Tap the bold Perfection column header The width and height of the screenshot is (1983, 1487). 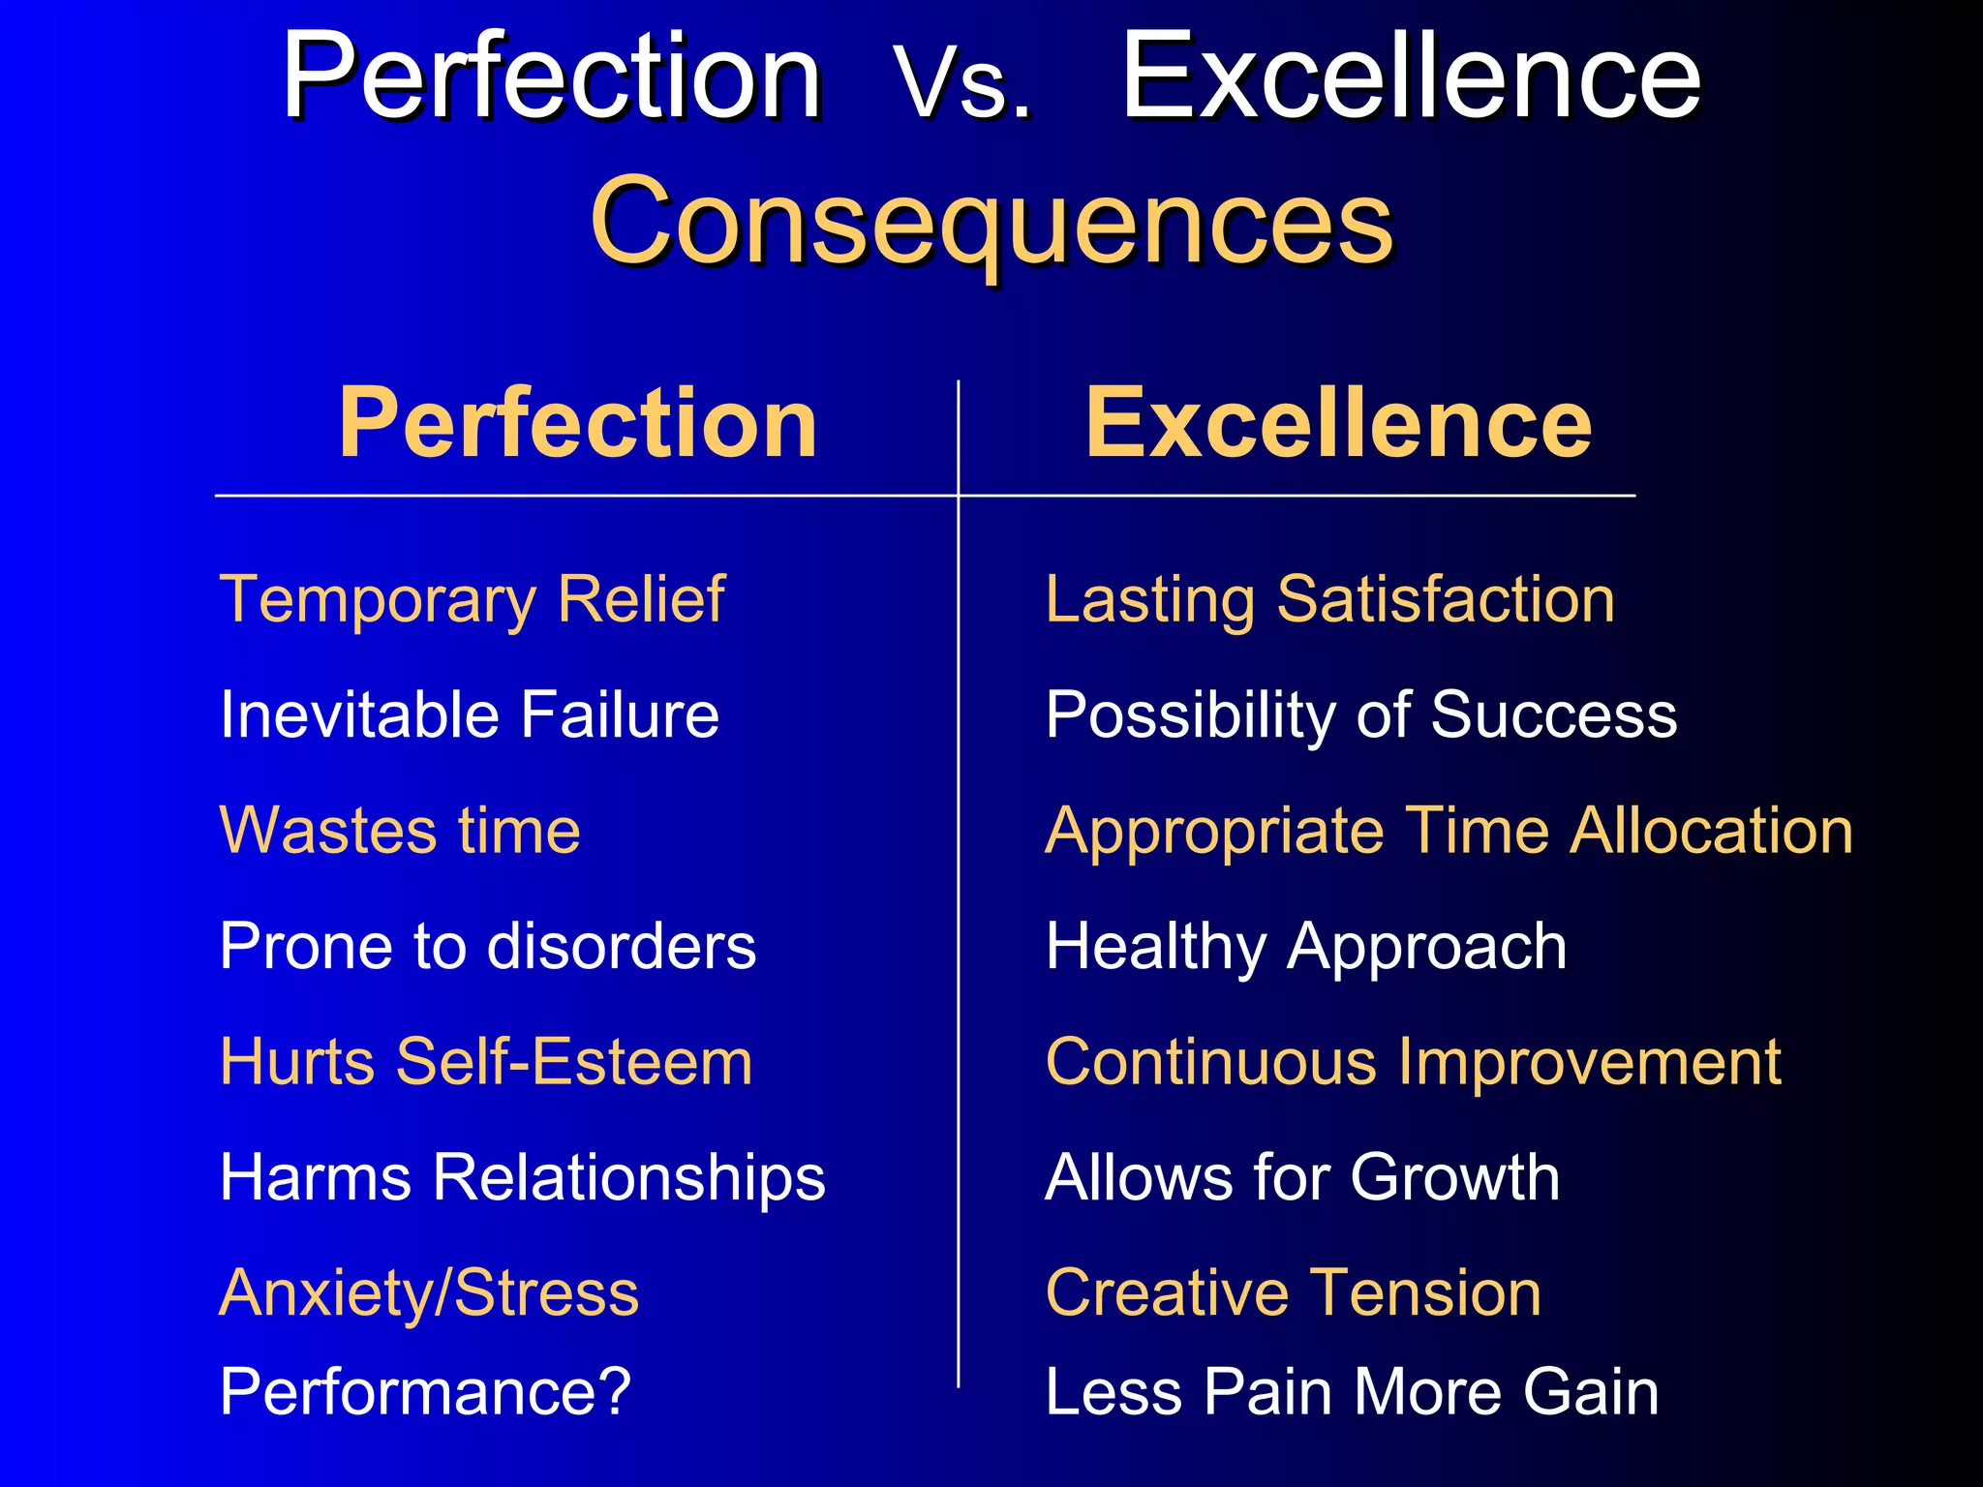578,423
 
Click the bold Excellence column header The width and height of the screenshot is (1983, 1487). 1338,423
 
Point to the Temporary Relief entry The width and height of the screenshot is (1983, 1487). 473,599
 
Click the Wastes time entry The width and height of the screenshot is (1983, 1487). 400,831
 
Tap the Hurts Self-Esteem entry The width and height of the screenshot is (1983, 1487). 486,1062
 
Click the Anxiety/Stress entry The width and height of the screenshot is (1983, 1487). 429,1293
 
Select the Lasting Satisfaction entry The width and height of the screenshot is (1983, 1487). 1330,599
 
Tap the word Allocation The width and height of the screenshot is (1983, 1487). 1711,831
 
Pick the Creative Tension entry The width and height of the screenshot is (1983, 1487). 1294,1293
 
